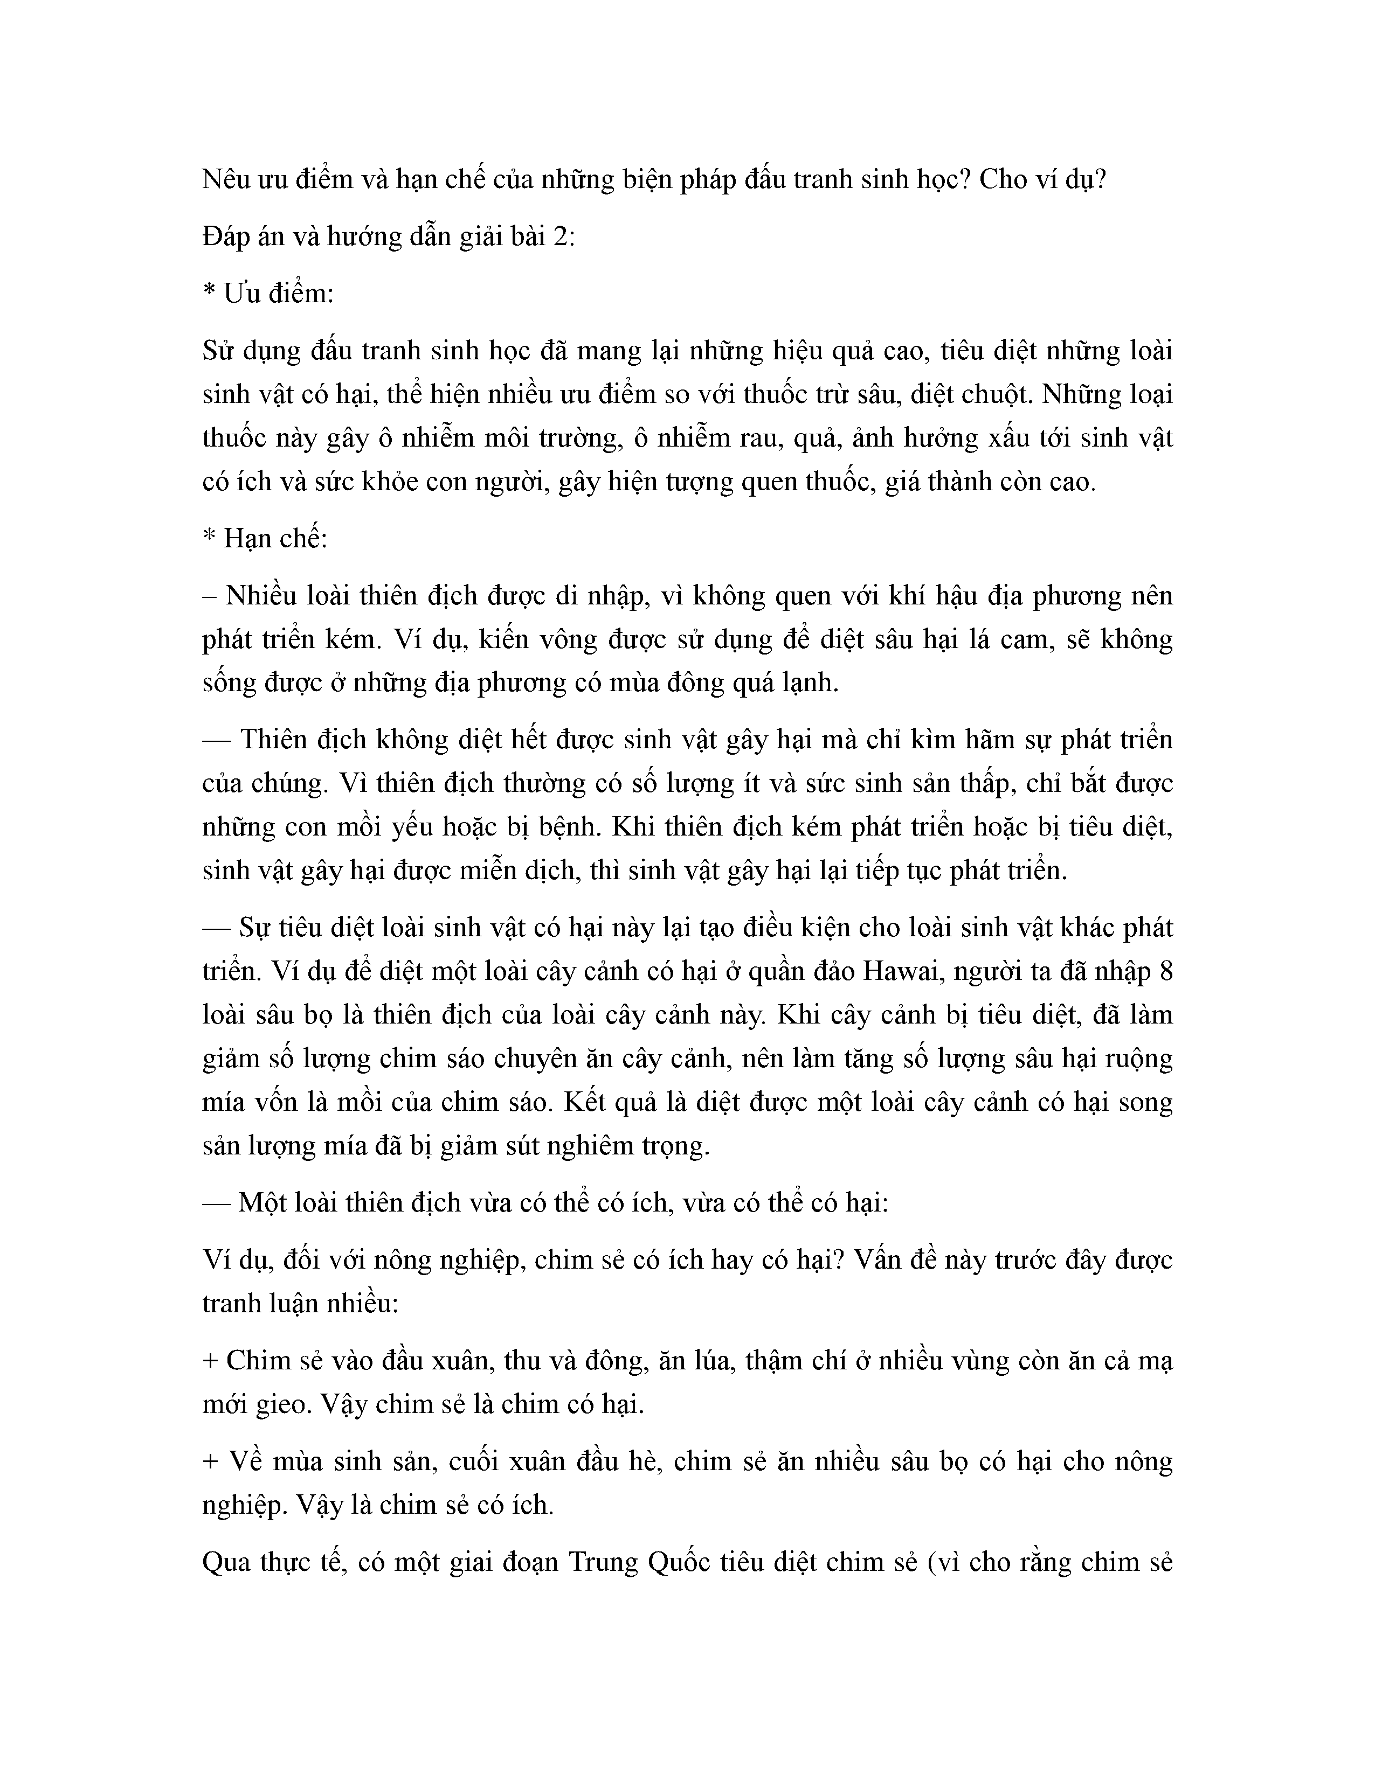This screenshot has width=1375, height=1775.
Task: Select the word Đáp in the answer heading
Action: click(224, 238)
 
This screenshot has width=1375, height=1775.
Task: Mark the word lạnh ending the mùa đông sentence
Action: click(810, 683)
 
